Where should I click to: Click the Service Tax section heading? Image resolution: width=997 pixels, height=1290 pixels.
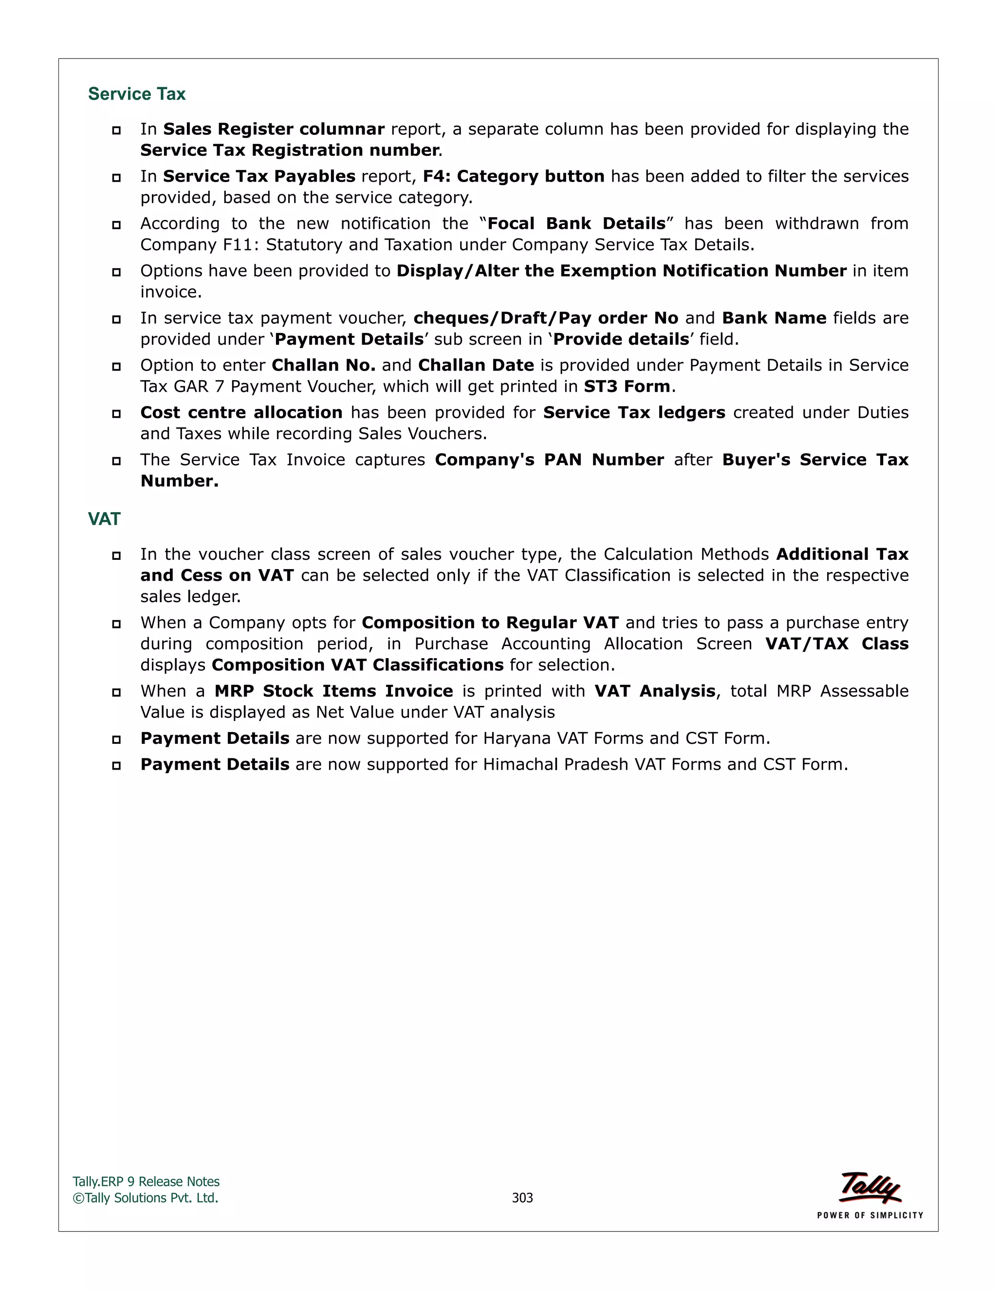[136, 94]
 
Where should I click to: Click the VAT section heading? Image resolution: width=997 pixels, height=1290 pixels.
[104, 519]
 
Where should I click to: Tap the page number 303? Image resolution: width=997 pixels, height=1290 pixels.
[522, 1198]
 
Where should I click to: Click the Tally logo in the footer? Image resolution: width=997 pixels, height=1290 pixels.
[870, 1187]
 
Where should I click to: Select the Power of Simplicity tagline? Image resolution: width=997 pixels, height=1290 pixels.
[870, 1216]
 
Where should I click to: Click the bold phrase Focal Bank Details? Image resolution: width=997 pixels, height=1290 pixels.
[576, 224]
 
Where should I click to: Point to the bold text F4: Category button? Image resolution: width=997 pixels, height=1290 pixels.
[513, 177]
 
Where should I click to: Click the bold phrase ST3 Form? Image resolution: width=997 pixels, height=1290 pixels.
[627, 387]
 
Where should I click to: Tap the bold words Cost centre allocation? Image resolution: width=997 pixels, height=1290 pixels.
[241, 413]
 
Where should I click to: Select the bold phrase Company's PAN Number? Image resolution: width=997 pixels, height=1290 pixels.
[549, 460]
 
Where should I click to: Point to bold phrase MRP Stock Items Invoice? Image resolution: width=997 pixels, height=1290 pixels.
[333, 691]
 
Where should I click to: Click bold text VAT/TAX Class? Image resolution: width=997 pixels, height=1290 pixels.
[836, 644]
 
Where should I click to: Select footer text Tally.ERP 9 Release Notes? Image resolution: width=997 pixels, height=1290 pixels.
[146, 1182]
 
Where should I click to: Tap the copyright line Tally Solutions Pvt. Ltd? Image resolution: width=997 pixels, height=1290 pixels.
[146, 1198]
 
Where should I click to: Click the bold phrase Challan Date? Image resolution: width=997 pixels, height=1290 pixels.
[476, 366]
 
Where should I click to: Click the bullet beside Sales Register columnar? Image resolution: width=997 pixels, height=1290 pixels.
[116, 130]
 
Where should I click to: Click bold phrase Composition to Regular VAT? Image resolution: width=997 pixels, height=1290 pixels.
[490, 623]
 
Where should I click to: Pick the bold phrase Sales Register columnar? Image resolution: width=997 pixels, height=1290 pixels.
[274, 129]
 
